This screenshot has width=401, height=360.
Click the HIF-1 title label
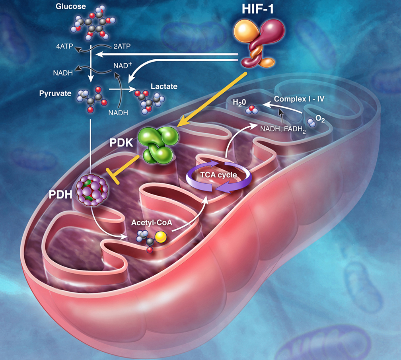pos(257,9)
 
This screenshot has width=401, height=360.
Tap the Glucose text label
pos(71,6)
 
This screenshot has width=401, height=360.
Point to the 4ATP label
pos(65,46)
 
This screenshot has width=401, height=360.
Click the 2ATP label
pos(122,46)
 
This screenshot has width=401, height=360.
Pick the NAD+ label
pos(123,66)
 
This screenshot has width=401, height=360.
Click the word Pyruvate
pos(55,93)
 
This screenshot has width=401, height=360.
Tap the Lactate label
pos(164,86)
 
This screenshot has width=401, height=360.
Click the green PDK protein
pos(158,145)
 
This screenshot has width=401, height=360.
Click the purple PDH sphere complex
pos(92,190)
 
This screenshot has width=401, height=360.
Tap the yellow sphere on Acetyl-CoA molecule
pos(161,237)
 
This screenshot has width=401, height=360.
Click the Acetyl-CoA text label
pos(152,223)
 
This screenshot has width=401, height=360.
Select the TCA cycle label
pos(219,175)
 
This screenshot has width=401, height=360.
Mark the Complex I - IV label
pos(299,99)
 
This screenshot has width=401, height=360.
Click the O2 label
pos(320,119)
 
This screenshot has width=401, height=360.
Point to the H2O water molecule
pos(252,110)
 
